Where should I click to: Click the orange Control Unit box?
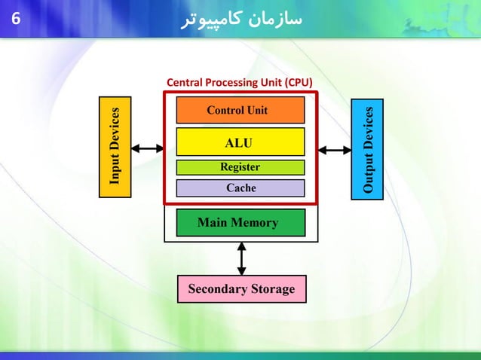point(240,110)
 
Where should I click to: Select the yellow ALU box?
point(240,142)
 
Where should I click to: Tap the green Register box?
point(240,167)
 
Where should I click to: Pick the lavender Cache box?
point(240,188)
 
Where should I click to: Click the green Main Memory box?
point(240,223)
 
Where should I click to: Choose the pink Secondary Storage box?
point(241,288)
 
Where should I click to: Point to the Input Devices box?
point(115,148)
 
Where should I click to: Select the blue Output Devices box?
point(367,149)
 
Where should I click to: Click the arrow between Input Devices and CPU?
point(148,148)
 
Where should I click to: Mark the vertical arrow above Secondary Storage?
point(241,258)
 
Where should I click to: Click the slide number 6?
point(15,20)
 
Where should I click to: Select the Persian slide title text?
point(242,20)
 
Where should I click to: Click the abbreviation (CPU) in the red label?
point(299,81)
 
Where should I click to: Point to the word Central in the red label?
point(184,81)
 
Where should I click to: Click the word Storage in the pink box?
point(272,288)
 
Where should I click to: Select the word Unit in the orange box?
point(256,110)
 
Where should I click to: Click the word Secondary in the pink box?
point(217,288)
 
